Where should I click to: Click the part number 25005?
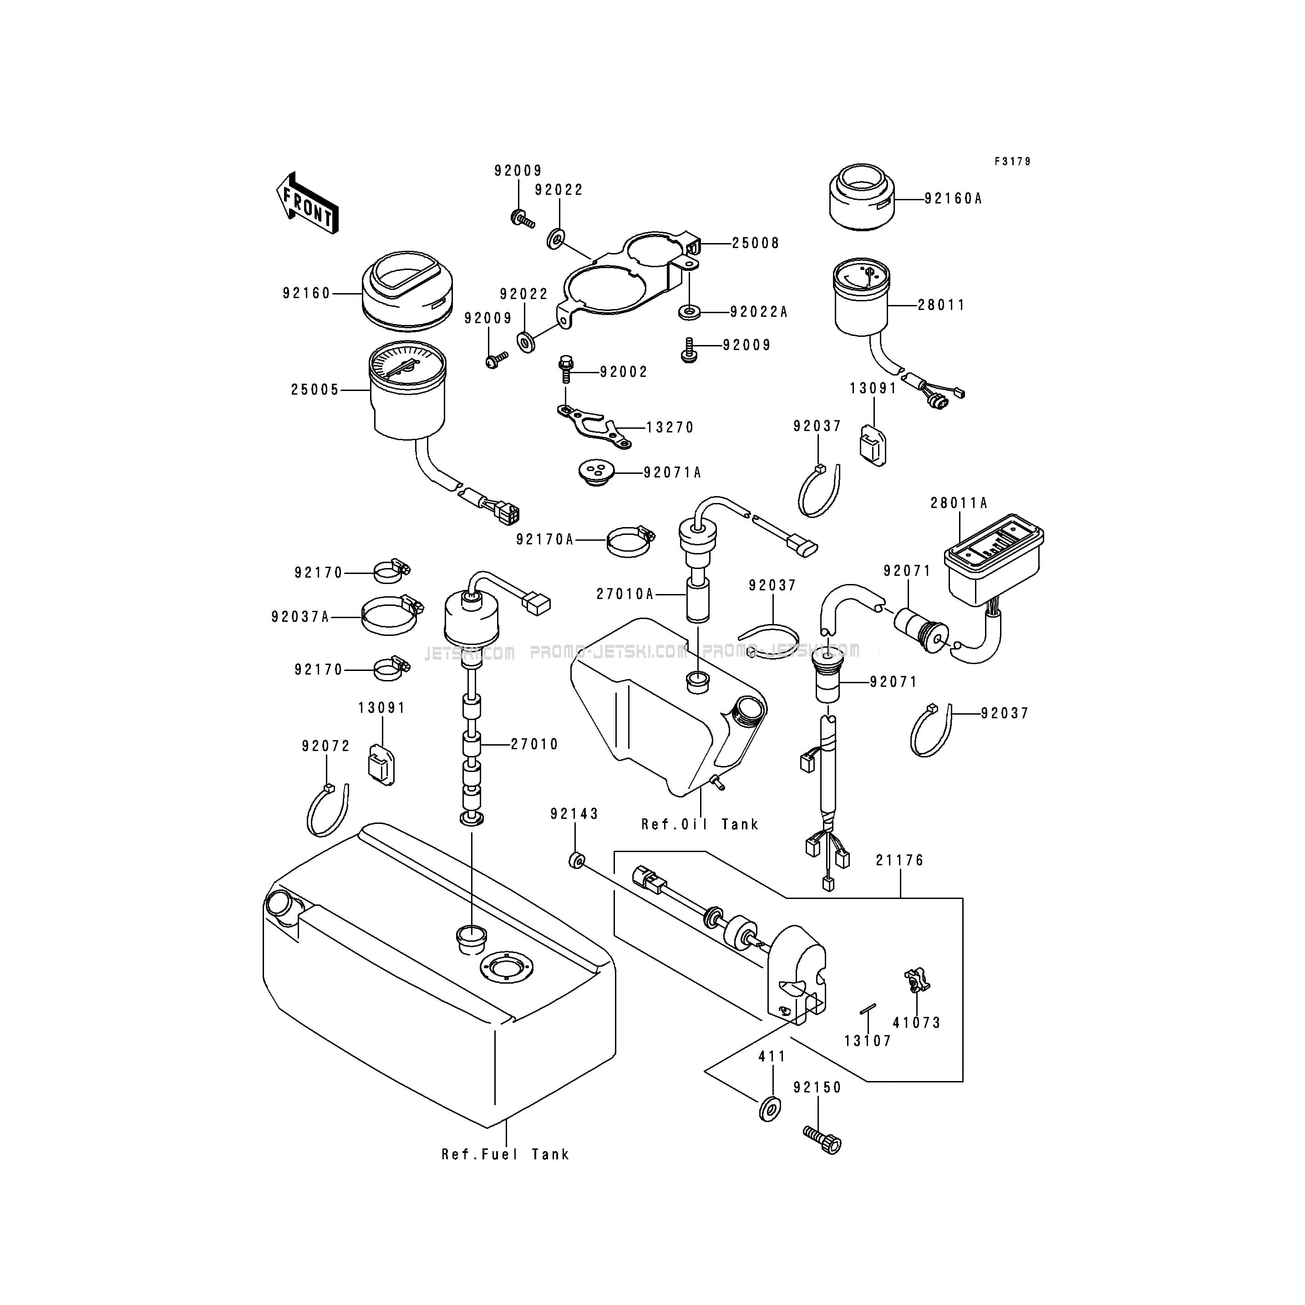315,391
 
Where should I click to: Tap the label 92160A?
953,198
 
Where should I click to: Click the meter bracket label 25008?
756,243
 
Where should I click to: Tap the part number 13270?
670,427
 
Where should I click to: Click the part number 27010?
534,744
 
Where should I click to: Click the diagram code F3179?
1012,162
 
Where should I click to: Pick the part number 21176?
900,861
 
